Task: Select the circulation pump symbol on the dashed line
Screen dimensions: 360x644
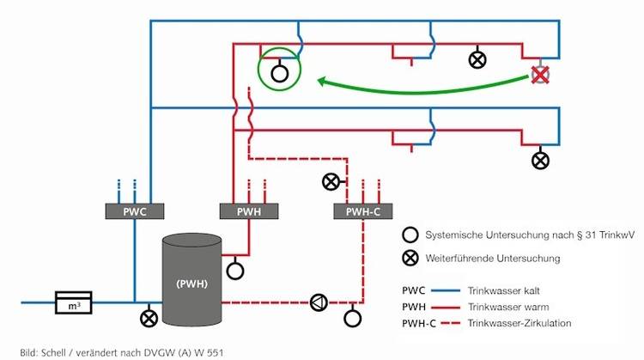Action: pos(319,302)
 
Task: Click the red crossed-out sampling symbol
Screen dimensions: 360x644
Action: pos(539,75)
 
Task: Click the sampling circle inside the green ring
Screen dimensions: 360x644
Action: pos(280,73)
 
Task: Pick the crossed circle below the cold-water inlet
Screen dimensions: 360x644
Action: pos(147,318)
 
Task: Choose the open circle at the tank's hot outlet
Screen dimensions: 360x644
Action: pos(235,270)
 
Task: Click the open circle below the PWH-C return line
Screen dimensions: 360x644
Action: pos(353,318)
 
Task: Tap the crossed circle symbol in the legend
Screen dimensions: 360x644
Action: pos(410,258)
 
